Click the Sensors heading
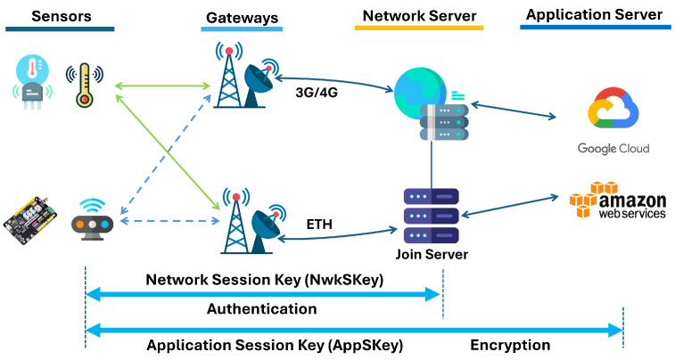(x=62, y=16)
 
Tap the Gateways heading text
(x=242, y=18)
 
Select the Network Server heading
(x=419, y=16)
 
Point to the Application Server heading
(x=594, y=15)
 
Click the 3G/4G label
(x=317, y=93)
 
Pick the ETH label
(x=319, y=224)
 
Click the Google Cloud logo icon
(x=613, y=108)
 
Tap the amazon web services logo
(x=618, y=200)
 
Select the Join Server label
(x=432, y=254)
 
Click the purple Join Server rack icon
(x=432, y=216)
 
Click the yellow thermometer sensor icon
(x=85, y=86)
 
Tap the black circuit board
(x=30, y=220)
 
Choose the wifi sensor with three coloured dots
(x=92, y=219)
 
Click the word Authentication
(x=262, y=309)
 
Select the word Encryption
(x=510, y=345)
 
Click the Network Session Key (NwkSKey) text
(x=264, y=280)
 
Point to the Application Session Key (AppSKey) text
(x=275, y=346)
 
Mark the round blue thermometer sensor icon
(x=32, y=82)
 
